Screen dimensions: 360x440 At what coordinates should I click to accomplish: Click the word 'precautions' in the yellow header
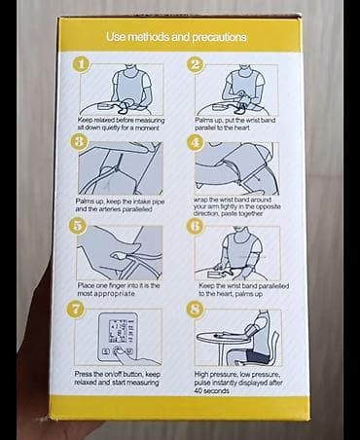(220, 38)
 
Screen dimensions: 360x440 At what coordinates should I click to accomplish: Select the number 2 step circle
(196, 64)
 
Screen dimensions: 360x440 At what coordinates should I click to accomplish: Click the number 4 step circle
(196, 142)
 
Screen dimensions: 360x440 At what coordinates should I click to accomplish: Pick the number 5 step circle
(78, 226)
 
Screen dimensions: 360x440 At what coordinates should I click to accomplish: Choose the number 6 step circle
(196, 226)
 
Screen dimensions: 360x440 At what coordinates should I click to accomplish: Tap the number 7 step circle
(76, 309)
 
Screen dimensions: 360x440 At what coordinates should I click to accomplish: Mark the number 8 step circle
(195, 309)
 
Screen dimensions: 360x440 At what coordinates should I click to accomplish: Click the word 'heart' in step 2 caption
(242, 128)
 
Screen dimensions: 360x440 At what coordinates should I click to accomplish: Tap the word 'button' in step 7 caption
(133, 374)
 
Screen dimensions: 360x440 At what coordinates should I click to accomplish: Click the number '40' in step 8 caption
(198, 390)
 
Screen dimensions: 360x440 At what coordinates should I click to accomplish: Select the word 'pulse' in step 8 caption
(201, 383)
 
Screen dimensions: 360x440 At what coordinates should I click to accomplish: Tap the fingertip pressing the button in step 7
(117, 351)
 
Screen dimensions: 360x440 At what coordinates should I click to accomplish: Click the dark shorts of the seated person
(257, 356)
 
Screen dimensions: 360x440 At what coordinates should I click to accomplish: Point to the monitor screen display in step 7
(118, 331)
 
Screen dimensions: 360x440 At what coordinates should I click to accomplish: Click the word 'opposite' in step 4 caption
(269, 206)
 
